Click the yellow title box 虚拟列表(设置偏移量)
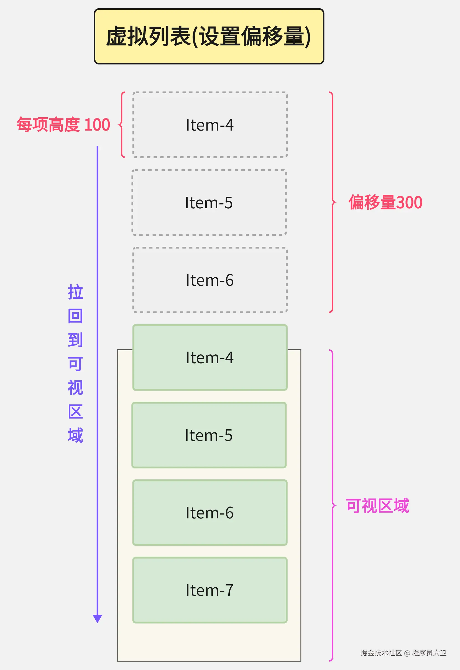click(209, 36)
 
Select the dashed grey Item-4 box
click(210, 125)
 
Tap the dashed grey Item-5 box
click(209, 202)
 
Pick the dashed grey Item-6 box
click(210, 280)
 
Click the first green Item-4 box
click(210, 357)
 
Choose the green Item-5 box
click(209, 435)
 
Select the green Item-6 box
click(210, 513)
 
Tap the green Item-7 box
click(210, 590)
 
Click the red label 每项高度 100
click(63, 125)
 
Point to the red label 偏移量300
click(385, 202)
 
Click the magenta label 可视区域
click(377, 506)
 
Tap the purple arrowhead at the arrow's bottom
click(97, 618)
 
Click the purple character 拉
click(75, 292)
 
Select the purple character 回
click(75, 316)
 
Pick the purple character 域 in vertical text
click(75, 435)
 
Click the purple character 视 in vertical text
click(75, 388)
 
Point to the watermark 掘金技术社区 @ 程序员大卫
click(403, 653)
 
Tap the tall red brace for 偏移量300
click(333, 202)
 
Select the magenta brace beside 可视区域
click(333, 506)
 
